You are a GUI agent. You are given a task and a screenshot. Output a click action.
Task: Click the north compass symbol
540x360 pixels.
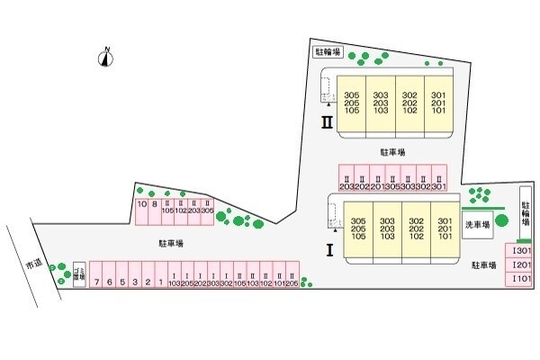coord(106,58)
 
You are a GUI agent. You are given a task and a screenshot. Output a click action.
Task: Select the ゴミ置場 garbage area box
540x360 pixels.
coord(77,274)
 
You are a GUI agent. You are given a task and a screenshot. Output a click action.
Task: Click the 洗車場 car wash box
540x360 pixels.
coord(476,225)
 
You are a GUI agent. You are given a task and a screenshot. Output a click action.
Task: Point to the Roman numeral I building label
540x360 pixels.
coord(330,250)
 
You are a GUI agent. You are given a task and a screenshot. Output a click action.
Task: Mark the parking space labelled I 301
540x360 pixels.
coord(521,251)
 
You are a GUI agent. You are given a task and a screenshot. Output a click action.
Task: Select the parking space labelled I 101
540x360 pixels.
coord(521,280)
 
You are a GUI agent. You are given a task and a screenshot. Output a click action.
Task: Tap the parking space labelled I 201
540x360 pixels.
coord(521,265)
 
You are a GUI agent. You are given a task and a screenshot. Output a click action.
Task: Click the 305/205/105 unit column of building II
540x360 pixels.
coord(352,103)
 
